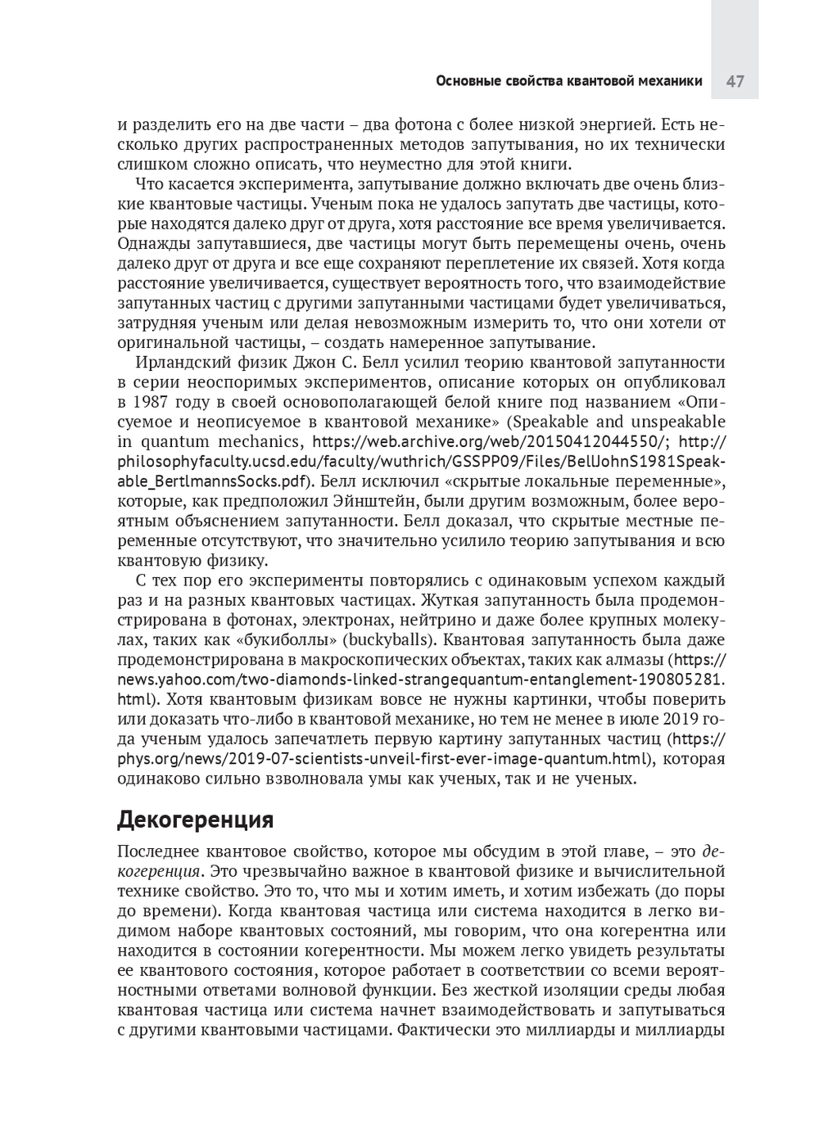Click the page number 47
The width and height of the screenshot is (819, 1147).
point(735,81)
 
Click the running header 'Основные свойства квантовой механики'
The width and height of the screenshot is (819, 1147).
point(568,81)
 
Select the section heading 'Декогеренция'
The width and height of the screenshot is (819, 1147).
point(195,819)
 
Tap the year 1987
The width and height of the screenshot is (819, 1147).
point(148,402)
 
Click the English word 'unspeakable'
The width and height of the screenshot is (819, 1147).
point(677,422)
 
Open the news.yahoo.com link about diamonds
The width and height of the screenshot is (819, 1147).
point(422,680)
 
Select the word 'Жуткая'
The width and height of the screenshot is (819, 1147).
point(446,600)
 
